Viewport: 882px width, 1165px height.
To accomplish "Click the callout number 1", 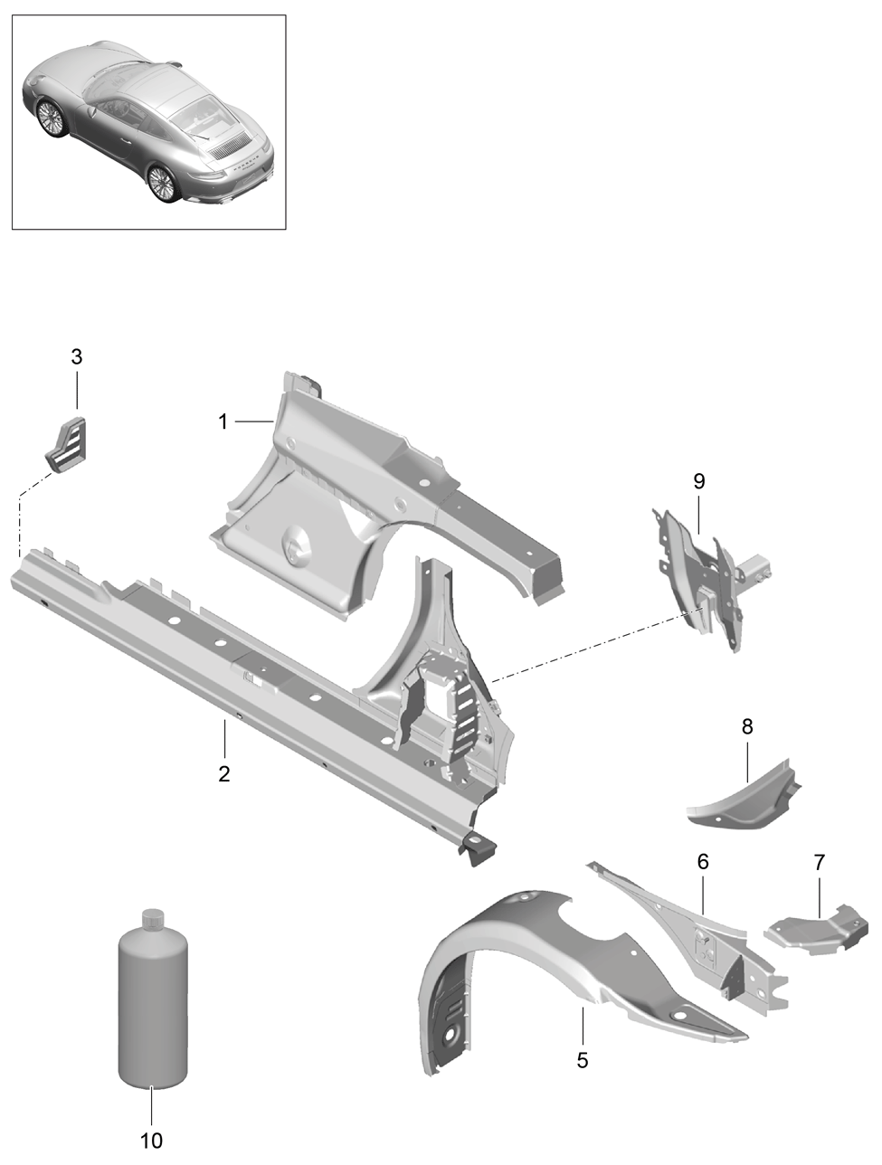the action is point(223,421).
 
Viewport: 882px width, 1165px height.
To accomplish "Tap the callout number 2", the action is point(224,774).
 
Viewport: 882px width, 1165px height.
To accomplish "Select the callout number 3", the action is point(77,357).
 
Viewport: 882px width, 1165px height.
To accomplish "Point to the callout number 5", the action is point(583,1060).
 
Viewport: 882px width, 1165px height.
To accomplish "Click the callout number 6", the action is point(703,861).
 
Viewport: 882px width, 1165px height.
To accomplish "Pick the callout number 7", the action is point(820,863).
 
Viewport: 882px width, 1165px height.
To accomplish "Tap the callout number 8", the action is point(747,726).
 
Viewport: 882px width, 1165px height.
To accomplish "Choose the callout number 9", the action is point(699,481).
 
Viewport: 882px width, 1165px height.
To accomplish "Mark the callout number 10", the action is point(151,1136).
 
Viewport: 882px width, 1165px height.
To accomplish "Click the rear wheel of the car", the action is point(161,183).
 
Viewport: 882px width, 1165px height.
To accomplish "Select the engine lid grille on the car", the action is point(229,147).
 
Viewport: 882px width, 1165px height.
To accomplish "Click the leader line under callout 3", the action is point(77,390).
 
